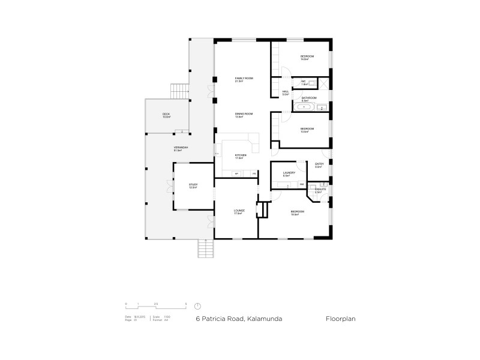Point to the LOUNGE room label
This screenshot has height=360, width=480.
pyautogui.click(x=239, y=212)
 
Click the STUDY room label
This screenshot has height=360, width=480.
pyautogui.click(x=193, y=186)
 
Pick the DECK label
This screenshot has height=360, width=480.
pyautogui.click(x=166, y=115)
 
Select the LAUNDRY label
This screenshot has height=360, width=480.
pyautogui.click(x=289, y=174)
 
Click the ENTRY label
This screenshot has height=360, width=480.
pyautogui.click(x=319, y=165)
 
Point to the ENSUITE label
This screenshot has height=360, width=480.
pyautogui.click(x=320, y=191)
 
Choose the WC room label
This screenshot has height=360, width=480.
pyautogui.click(x=304, y=82)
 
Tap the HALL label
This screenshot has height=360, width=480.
pyautogui.click(x=286, y=93)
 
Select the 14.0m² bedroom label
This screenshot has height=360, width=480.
pyautogui.click(x=308, y=58)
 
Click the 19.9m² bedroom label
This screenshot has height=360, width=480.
pyautogui.click(x=298, y=213)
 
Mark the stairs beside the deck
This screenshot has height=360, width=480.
pyautogui.click(x=179, y=91)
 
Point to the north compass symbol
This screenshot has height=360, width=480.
pyautogui.click(x=197, y=305)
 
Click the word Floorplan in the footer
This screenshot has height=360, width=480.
pyautogui.click(x=341, y=319)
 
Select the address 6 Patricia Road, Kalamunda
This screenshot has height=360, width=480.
pyautogui.click(x=239, y=319)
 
